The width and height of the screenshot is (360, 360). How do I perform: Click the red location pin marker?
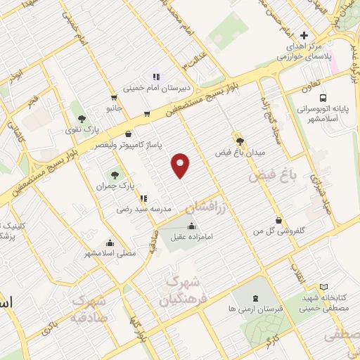pyautogui.click(x=181, y=165)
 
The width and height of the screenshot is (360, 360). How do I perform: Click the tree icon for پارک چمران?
pyautogui.click(x=113, y=174)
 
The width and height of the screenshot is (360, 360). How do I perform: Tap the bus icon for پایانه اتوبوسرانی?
pyautogui.click(x=323, y=98)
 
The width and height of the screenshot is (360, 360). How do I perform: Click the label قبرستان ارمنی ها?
pyautogui.click(x=254, y=309)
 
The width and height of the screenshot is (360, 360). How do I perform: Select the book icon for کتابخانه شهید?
pyautogui.click(x=323, y=286)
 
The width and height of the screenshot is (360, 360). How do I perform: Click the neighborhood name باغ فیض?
pyautogui.click(x=269, y=175)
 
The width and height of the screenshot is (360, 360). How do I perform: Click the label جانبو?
pyautogui.click(x=114, y=109)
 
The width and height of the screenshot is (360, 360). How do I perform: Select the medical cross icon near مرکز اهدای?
pyautogui.click(x=304, y=35)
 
